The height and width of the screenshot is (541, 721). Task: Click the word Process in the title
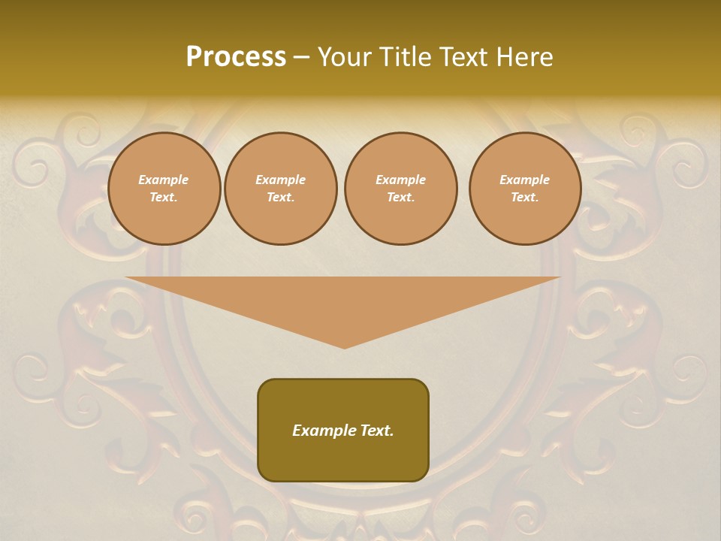point(236,57)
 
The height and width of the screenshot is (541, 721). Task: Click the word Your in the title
point(345,57)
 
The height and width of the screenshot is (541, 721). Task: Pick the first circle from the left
point(164,189)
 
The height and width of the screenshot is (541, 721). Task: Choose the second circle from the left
point(281,189)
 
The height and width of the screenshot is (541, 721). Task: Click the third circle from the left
point(401,189)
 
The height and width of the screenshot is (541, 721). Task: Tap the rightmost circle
point(525,189)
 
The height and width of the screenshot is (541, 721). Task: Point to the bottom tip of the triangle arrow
point(344,347)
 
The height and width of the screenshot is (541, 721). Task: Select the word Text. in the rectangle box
point(375,431)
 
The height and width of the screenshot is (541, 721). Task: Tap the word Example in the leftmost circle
point(164,180)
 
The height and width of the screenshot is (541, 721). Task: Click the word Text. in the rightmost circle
point(525,198)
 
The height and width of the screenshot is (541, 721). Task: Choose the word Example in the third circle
point(401,180)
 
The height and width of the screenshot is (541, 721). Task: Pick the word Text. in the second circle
point(281,198)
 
